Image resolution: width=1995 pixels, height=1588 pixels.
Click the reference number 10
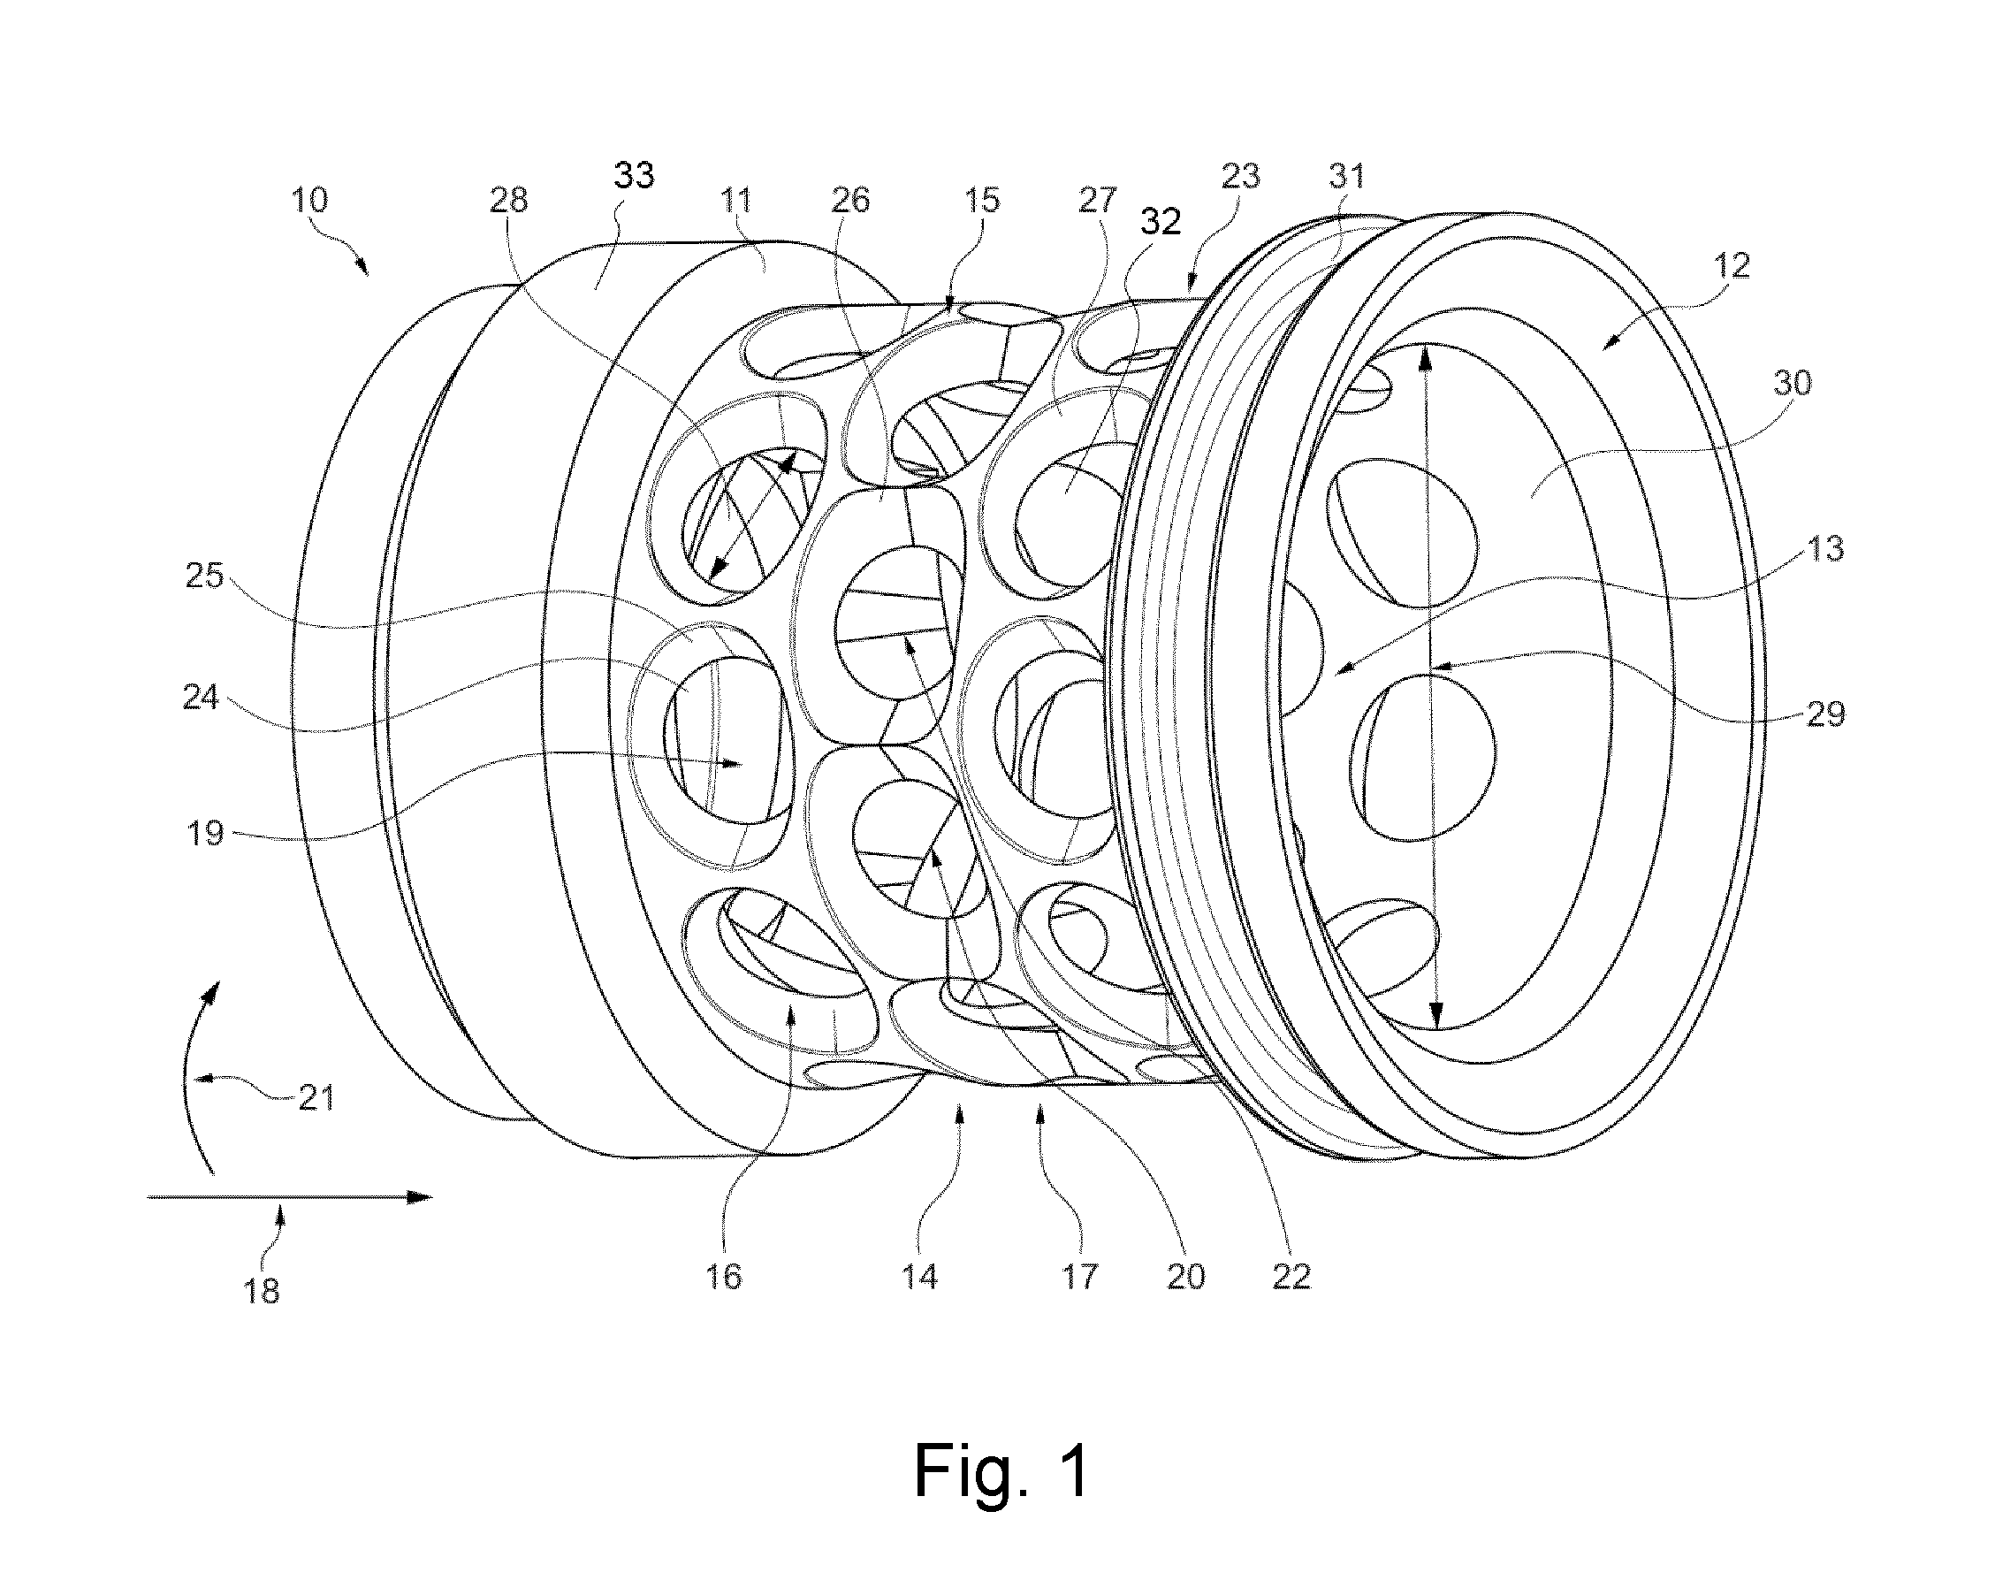pos(310,200)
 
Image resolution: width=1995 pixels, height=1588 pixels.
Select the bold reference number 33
pos(634,174)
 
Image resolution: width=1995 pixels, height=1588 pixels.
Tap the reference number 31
pos(1346,176)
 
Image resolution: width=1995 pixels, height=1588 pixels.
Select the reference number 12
pos(1732,266)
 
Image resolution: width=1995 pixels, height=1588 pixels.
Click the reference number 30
pos(1792,382)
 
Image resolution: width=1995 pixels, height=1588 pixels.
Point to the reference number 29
pos(1824,714)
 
